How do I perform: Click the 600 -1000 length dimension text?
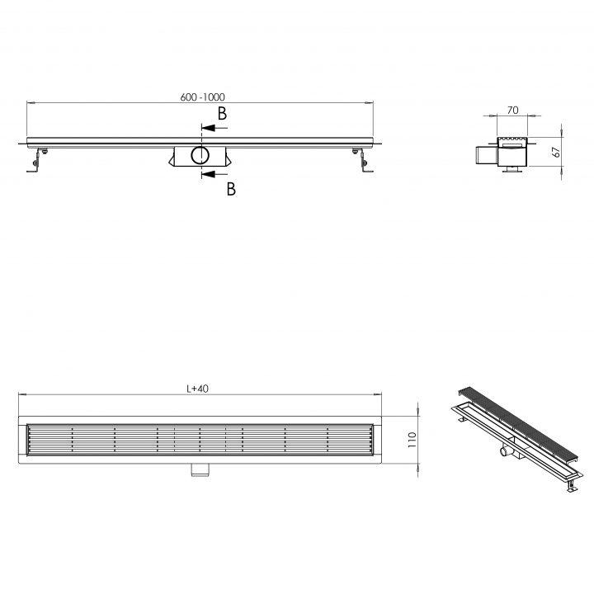[x=202, y=97]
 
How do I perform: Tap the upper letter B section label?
[x=222, y=113]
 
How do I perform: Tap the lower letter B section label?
[x=231, y=189]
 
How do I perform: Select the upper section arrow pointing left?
[x=214, y=128]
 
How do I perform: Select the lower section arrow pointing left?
[x=214, y=174]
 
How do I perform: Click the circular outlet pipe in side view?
[x=200, y=155]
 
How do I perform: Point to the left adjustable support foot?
[x=37, y=161]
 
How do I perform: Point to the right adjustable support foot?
[x=363, y=161]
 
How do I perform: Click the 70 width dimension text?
[x=512, y=111]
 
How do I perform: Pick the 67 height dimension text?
[x=556, y=152]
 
